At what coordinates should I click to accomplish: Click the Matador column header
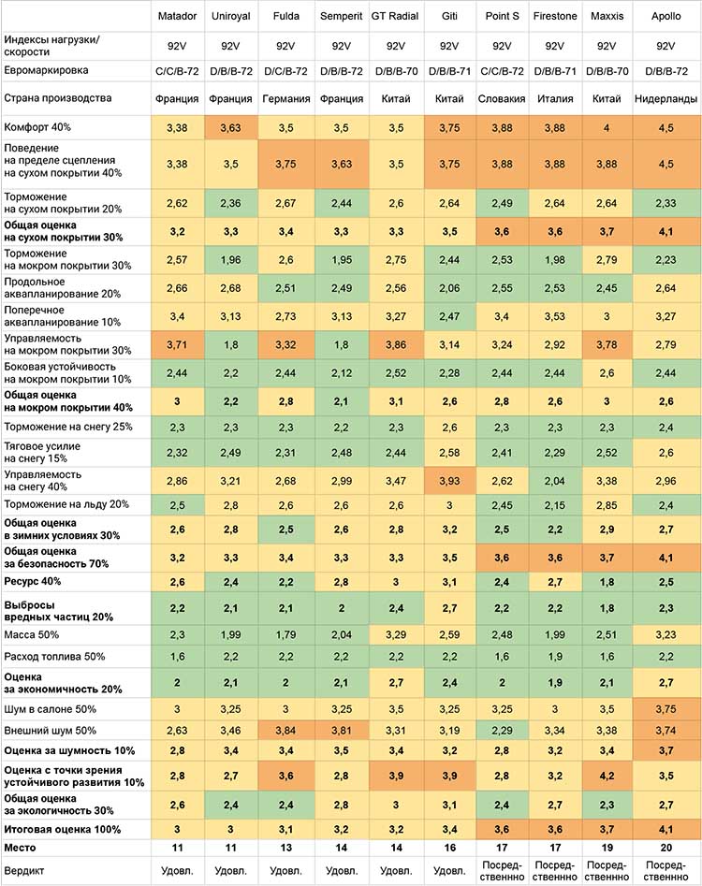click(177, 16)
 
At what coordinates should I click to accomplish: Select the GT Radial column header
click(395, 16)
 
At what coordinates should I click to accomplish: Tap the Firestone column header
click(555, 16)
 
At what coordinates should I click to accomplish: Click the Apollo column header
click(665, 16)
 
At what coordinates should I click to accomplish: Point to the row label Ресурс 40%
click(32, 581)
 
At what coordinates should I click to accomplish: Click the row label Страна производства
click(58, 98)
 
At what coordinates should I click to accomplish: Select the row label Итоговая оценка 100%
click(62, 830)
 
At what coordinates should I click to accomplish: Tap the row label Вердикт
click(23, 871)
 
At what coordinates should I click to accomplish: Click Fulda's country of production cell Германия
click(286, 99)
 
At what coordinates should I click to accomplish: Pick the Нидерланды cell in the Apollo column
click(665, 99)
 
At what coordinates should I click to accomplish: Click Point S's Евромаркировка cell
click(502, 71)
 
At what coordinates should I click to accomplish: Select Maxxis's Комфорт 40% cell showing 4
click(607, 127)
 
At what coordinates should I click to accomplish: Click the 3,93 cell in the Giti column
click(449, 481)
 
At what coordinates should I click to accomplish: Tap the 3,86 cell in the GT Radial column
click(396, 344)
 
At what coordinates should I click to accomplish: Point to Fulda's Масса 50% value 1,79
click(285, 634)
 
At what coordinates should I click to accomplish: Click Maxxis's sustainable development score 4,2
click(607, 776)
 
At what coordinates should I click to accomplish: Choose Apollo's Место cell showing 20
click(665, 848)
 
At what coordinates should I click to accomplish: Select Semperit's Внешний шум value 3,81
click(341, 730)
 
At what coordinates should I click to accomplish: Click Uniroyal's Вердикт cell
click(230, 871)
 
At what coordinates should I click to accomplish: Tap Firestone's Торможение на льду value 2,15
click(555, 504)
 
